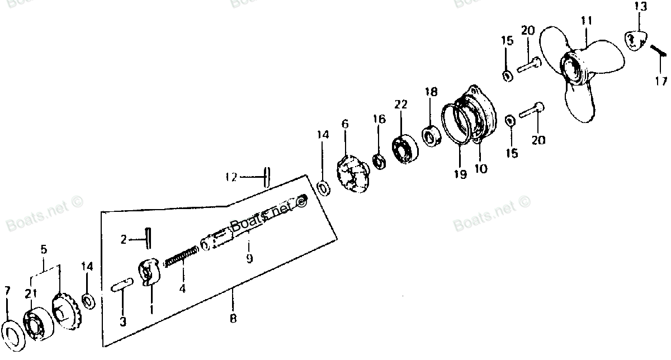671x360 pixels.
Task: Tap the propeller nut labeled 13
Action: point(636,41)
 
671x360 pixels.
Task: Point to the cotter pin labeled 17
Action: point(658,51)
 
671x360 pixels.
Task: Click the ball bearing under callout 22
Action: point(405,149)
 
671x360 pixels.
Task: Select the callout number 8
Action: point(233,318)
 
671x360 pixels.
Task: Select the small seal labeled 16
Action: point(380,161)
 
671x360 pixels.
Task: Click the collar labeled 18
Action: point(432,137)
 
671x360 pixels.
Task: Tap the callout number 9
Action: point(249,258)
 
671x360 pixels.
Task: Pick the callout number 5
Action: point(44,249)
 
